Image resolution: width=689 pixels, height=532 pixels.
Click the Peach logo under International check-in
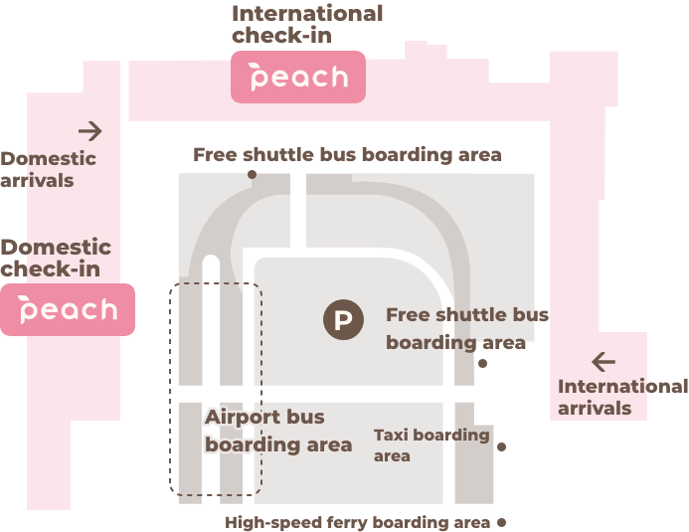298,78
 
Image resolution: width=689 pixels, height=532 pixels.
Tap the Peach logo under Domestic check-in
68,309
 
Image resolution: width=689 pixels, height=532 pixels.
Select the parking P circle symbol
342,320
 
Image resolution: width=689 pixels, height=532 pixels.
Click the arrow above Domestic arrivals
90,130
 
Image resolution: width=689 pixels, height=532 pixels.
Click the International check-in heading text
306,24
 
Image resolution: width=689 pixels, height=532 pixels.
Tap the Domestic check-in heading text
56,258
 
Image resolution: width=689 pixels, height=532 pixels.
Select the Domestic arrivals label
48,169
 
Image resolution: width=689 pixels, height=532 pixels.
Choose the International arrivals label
621,397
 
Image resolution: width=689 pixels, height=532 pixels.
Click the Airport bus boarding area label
277,431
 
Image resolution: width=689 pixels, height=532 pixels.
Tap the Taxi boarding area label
431,444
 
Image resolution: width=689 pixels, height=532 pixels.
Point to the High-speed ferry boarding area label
358,522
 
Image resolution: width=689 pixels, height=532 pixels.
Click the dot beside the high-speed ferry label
501,521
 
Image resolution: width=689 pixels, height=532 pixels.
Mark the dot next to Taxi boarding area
501,446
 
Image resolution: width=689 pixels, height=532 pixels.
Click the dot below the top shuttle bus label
252,174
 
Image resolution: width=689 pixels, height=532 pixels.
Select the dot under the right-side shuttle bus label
483,363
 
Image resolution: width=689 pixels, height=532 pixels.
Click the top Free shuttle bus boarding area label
347,154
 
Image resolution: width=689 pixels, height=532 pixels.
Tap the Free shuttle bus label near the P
466,328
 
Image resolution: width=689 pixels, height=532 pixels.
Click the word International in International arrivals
621,386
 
